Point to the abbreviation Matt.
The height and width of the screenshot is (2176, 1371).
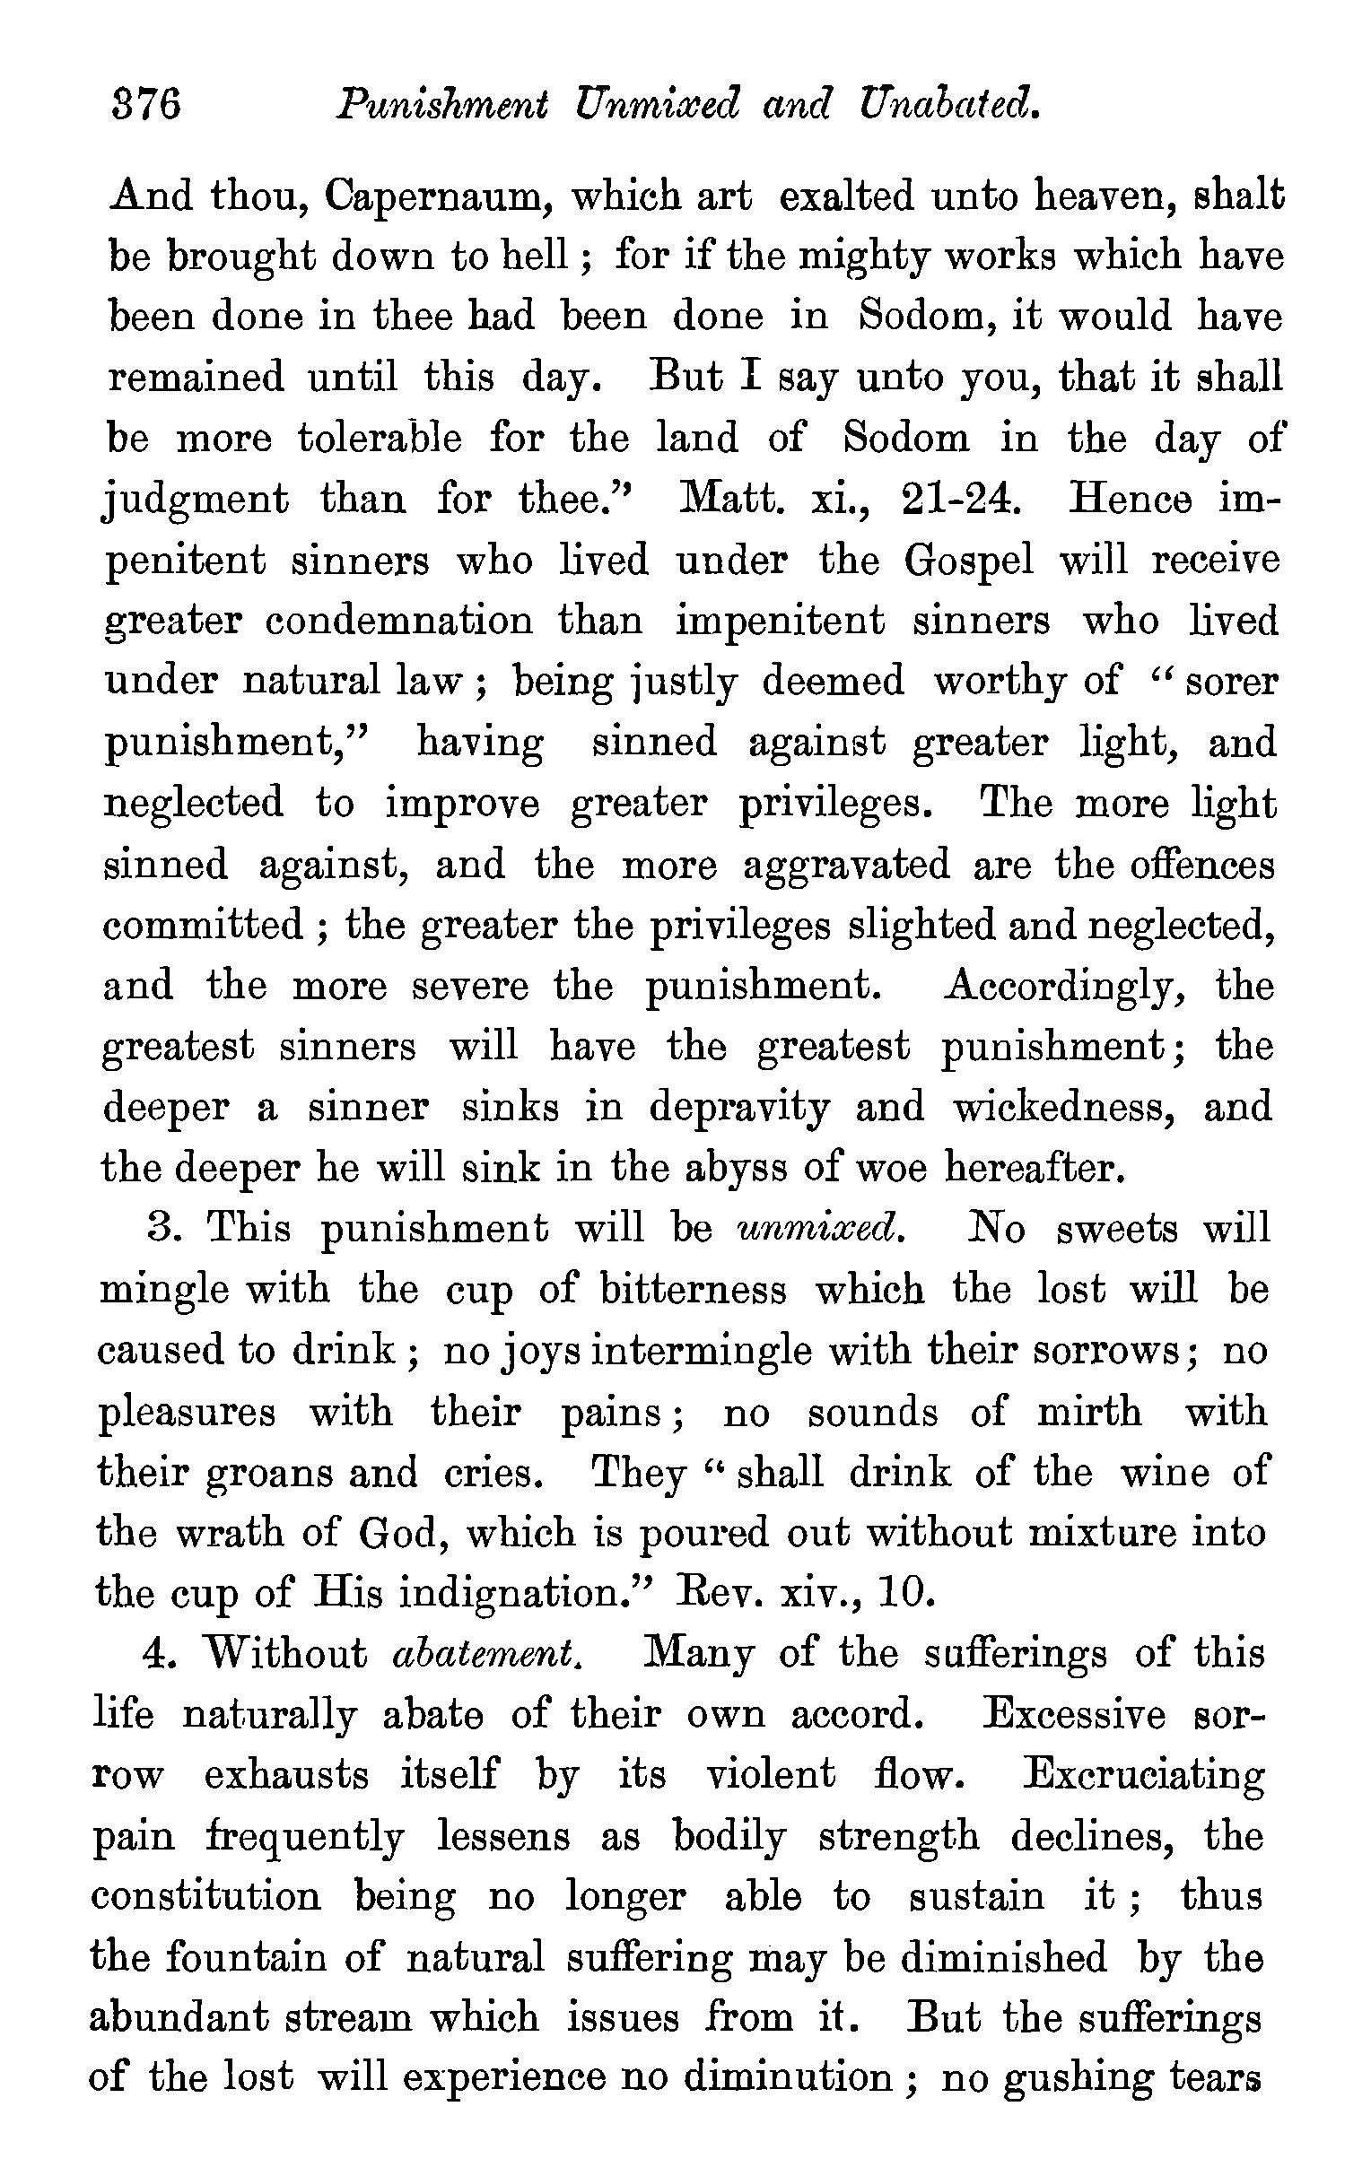pos(731,500)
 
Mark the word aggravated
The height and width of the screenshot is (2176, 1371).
pos(847,866)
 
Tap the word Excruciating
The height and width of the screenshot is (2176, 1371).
pos(1143,1777)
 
